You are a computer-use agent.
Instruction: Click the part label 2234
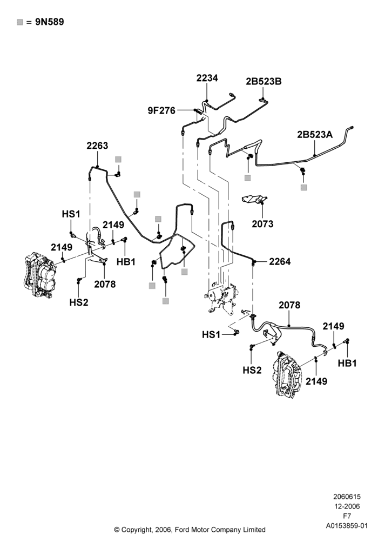coord(207,78)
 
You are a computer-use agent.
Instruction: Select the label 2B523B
coord(264,82)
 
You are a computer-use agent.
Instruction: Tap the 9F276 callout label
coord(161,110)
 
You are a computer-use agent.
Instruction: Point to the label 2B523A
coord(315,135)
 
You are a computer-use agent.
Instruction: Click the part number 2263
coord(97,146)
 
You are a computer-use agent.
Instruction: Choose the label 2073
coord(262,224)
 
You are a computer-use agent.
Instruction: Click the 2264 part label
coord(280,261)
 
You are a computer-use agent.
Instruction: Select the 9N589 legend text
coord(50,22)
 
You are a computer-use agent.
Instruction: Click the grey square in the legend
coord(20,22)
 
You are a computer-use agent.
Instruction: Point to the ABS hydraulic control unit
coord(221,295)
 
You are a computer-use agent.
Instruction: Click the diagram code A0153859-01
coord(347,526)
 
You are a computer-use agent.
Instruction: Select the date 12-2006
coord(347,506)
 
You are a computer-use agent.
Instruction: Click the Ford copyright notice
coord(190,530)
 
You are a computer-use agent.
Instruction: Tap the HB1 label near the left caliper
coord(126,262)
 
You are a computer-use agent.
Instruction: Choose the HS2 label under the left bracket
coord(79,302)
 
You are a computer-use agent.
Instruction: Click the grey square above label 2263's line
coord(118,159)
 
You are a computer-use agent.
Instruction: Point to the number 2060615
coord(347,497)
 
